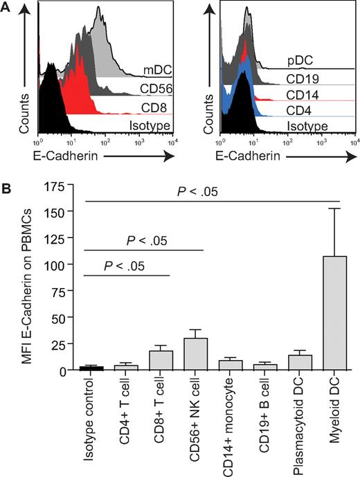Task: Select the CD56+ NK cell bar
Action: point(197,354)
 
